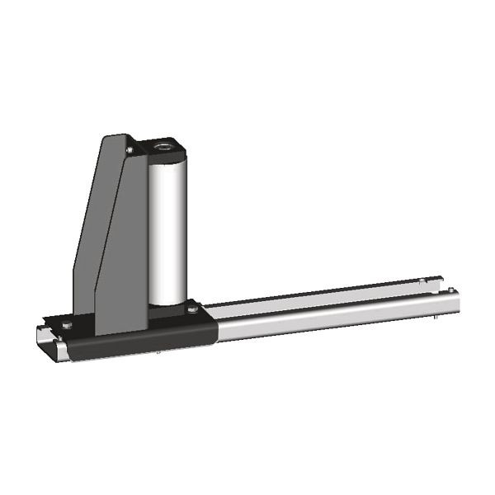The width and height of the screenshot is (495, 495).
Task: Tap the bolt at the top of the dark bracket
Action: tap(130, 150)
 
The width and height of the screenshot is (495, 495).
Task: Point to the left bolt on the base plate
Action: tap(67, 325)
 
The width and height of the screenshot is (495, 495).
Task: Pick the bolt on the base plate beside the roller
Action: tap(192, 309)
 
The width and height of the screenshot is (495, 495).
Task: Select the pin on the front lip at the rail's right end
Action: tap(450, 290)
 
